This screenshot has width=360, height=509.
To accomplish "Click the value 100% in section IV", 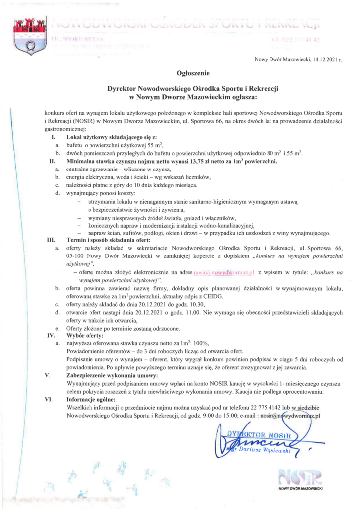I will pyautogui.click(x=202, y=344).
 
